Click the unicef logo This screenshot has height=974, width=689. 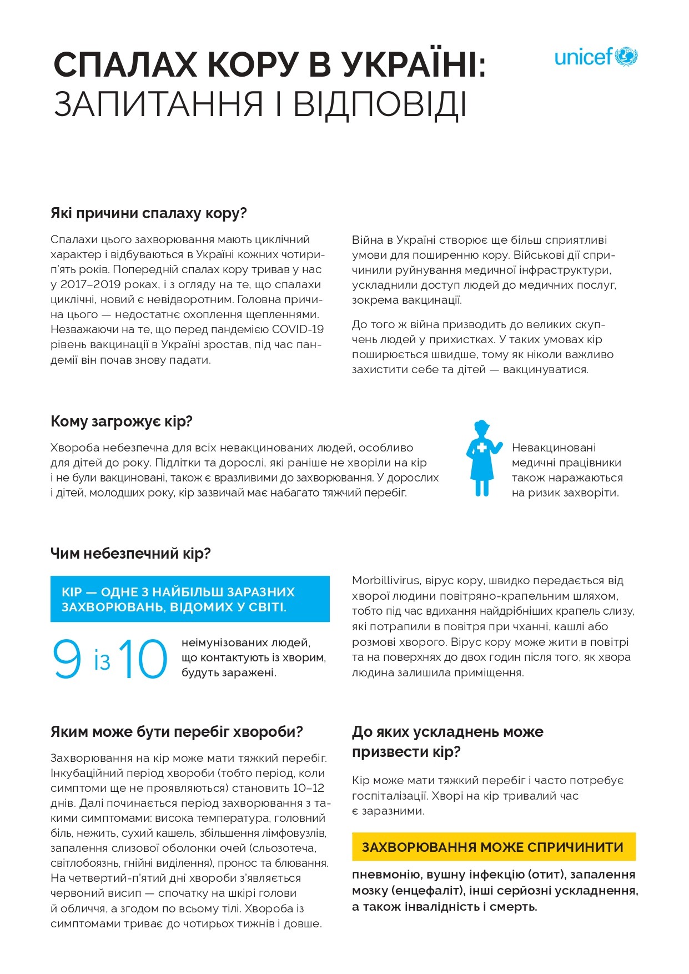596,57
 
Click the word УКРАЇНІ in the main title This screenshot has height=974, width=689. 408,65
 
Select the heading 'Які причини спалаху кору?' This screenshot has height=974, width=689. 148,214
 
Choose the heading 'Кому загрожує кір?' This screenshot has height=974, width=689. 121,421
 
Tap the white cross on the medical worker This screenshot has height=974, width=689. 481,448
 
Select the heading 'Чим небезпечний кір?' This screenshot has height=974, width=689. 130,554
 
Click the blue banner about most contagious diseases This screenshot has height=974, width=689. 190,599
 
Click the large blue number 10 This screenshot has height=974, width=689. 143,659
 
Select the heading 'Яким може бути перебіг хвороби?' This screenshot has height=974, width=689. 177,732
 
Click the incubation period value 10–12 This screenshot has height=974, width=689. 309,788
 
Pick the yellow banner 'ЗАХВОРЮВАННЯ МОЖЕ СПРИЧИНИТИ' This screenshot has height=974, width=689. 493,847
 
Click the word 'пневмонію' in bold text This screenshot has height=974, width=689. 386,875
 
